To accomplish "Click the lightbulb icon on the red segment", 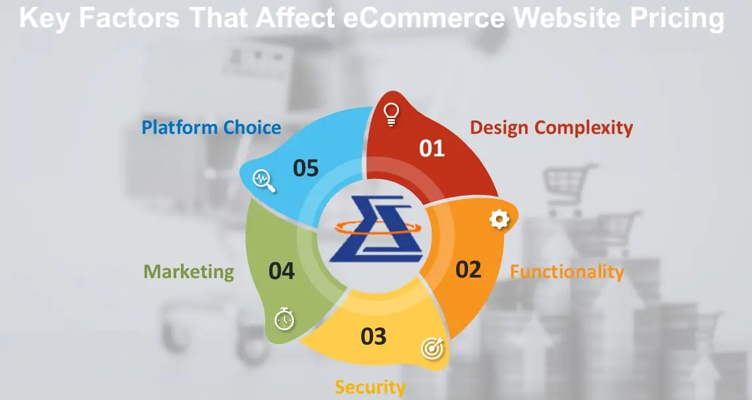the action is (x=392, y=114).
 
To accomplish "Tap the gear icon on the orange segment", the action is (x=499, y=220).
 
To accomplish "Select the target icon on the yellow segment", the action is (x=433, y=348).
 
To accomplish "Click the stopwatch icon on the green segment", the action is (x=284, y=319).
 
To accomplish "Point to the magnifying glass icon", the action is (x=263, y=181).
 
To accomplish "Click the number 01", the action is (x=432, y=148).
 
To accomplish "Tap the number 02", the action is (x=468, y=270).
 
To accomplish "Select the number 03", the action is (x=373, y=337).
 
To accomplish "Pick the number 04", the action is (x=281, y=272).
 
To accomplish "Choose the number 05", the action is (x=306, y=168).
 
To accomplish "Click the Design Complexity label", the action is (x=551, y=128).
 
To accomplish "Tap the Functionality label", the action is (x=567, y=272).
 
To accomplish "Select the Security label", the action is (x=370, y=387).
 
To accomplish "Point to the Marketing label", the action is (x=189, y=272).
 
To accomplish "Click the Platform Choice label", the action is (x=211, y=128).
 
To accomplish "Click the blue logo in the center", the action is (x=376, y=228).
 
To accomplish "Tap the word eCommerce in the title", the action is (x=424, y=18).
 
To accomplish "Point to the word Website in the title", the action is (x=568, y=18).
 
